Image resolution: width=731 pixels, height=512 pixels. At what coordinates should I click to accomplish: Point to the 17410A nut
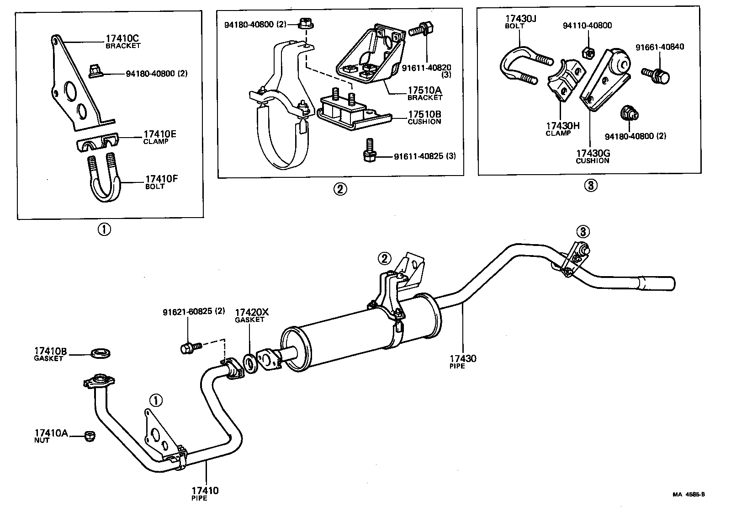click(x=90, y=436)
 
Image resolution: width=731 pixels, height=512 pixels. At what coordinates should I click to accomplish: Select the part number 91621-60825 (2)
click(x=194, y=311)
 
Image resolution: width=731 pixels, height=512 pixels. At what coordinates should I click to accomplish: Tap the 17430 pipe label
click(x=462, y=362)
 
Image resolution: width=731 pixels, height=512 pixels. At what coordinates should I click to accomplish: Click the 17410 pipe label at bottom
click(x=205, y=494)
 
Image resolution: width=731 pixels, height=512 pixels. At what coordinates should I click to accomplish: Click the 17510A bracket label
click(x=425, y=94)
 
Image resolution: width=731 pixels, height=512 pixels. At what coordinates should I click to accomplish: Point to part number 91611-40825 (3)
click(x=425, y=156)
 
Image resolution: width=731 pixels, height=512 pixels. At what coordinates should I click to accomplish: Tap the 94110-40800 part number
click(x=587, y=26)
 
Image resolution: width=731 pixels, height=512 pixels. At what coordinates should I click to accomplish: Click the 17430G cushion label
click(x=592, y=157)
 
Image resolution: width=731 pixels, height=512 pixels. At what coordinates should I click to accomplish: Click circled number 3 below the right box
click(x=590, y=186)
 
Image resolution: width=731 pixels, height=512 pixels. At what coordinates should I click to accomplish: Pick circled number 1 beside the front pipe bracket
click(x=156, y=401)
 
